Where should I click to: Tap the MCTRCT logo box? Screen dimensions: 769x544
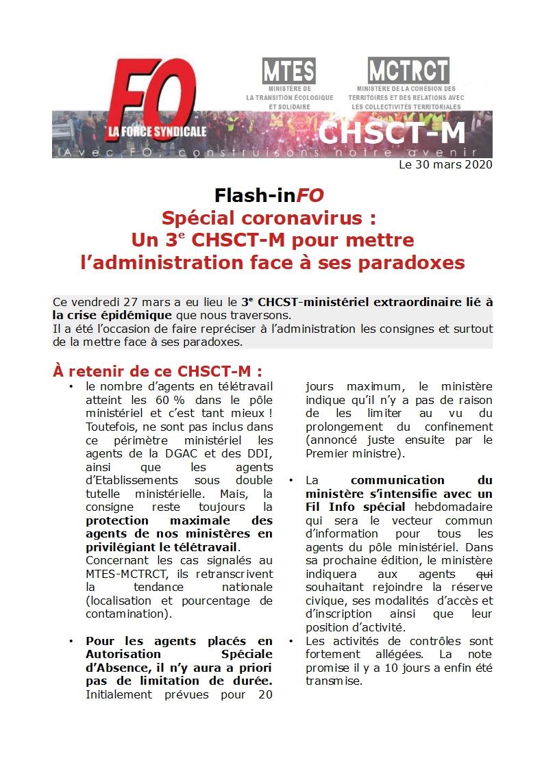click(x=408, y=71)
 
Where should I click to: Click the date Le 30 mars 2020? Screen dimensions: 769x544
click(x=445, y=164)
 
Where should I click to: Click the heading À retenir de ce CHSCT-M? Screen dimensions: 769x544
click(x=158, y=371)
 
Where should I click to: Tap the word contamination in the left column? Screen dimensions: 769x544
click(x=127, y=615)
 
